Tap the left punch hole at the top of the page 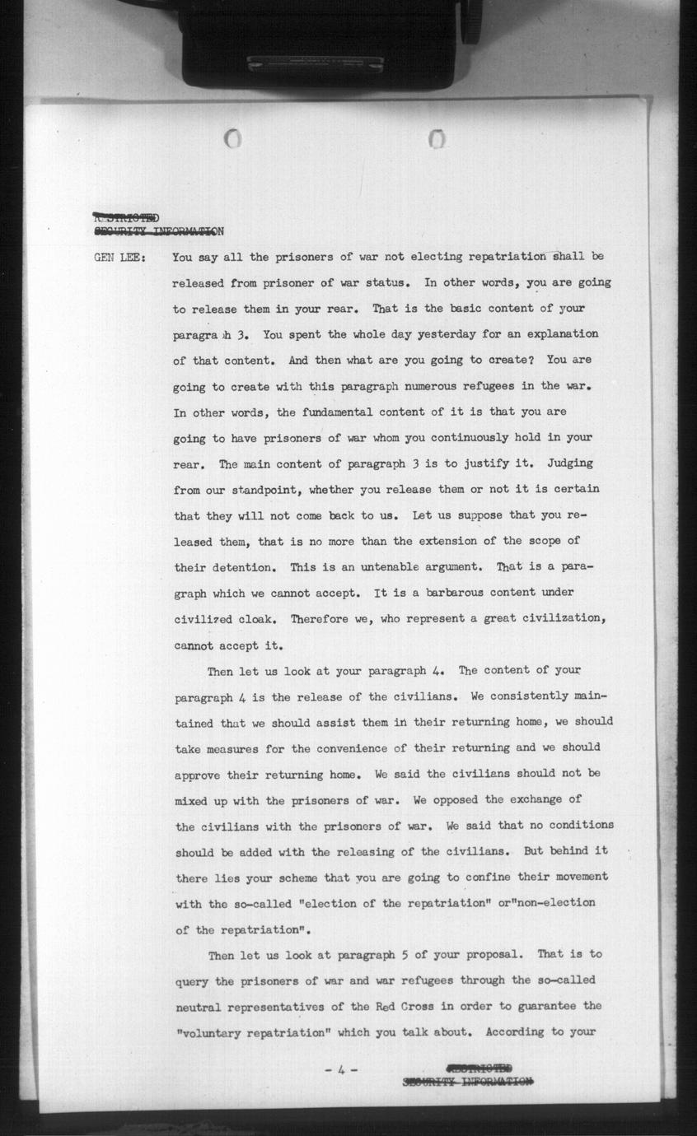233,139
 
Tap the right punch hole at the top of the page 437,140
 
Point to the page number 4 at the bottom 341,1070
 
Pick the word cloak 259,619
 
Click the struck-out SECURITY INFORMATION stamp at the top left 157,231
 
